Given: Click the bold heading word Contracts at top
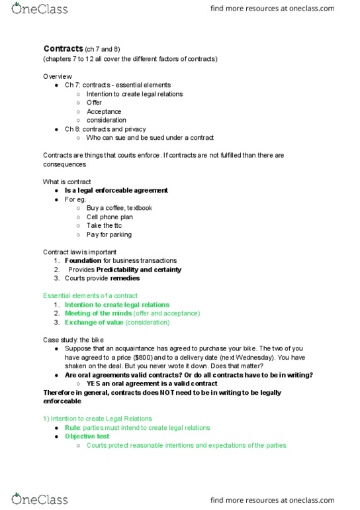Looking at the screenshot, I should pyautogui.click(x=63, y=49).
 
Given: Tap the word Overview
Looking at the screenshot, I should pyautogui.click(x=58, y=76).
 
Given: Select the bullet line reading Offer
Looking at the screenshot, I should pyautogui.click(x=94, y=103).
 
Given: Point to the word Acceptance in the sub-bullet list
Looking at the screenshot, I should pyautogui.click(x=104, y=111).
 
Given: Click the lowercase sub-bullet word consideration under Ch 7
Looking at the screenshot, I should pyautogui.click(x=106, y=120).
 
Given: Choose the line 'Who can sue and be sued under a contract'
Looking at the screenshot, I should pyautogui.click(x=150, y=138).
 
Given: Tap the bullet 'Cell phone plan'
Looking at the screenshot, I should pyautogui.click(x=110, y=217).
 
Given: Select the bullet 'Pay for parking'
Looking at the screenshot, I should pyautogui.click(x=109, y=234).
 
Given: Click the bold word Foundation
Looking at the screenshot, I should pyautogui.click(x=83, y=261).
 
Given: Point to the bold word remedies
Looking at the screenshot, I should pyautogui.click(x=125, y=278).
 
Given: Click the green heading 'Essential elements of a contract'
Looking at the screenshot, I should pyautogui.click(x=90, y=295).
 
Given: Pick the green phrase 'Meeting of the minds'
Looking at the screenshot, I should pyautogui.click(x=98, y=313).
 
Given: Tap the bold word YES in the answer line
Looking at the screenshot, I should pyautogui.click(x=94, y=383).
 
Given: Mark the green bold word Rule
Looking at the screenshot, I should pyautogui.click(x=72, y=428).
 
